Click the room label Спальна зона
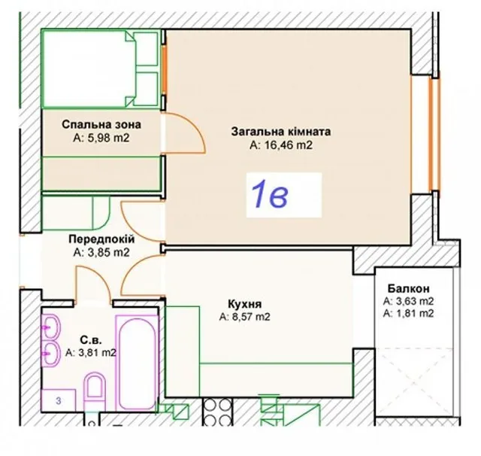(x=101, y=125)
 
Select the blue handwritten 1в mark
(x=270, y=194)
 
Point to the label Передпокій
(x=101, y=239)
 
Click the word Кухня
(x=245, y=304)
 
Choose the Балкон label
(x=408, y=289)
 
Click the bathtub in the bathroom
(x=136, y=364)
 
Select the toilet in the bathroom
(x=94, y=389)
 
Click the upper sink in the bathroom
(x=50, y=327)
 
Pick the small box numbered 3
(x=59, y=400)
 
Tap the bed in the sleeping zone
(x=101, y=68)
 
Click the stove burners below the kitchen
(x=217, y=412)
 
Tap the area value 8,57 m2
(x=245, y=317)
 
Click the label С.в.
(x=91, y=340)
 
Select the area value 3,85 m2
(x=101, y=252)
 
